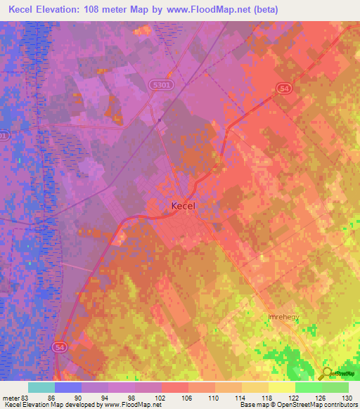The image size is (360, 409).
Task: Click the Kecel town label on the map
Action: pos(184,207)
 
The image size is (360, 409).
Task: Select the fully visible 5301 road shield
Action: pos(159,83)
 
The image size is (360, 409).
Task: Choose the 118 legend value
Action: pos(266,397)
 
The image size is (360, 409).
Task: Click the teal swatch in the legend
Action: pos(41,387)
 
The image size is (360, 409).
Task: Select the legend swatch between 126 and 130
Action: pos(335,387)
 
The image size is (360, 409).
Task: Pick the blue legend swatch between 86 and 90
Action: pos(68,387)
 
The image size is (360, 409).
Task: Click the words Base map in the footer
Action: pos(252,405)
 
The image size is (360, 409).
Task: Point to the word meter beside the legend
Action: pos(10,397)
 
